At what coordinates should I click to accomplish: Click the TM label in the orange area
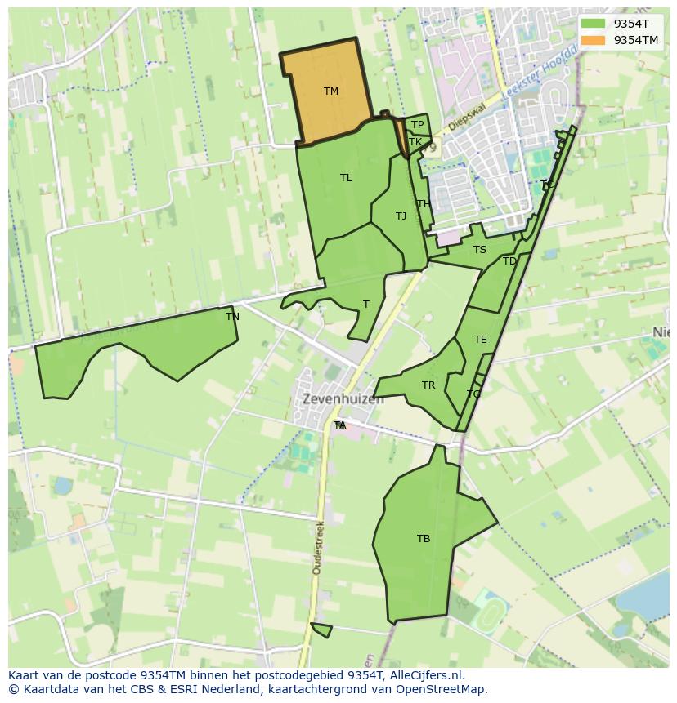[330, 91]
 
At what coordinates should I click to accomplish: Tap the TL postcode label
[346, 178]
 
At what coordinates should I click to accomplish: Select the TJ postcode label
[401, 216]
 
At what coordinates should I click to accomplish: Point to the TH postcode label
[423, 204]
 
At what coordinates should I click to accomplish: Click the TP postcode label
[417, 125]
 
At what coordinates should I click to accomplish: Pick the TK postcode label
[415, 142]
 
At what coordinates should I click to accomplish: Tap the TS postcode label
[479, 250]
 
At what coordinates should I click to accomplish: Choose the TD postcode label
[509, 261]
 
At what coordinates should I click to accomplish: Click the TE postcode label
[480, 340]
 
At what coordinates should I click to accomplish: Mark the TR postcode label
[428, 385]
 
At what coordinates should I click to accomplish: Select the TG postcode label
[473, 394]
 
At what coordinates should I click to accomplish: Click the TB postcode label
[424, 539]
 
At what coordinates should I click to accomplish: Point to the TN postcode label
[232, 317]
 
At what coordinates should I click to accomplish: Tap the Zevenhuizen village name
[343, 400]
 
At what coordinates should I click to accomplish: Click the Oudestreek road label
[317, 547]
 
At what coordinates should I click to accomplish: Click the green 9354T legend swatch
[593, 24]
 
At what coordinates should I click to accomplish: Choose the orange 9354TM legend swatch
[593, 40]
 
